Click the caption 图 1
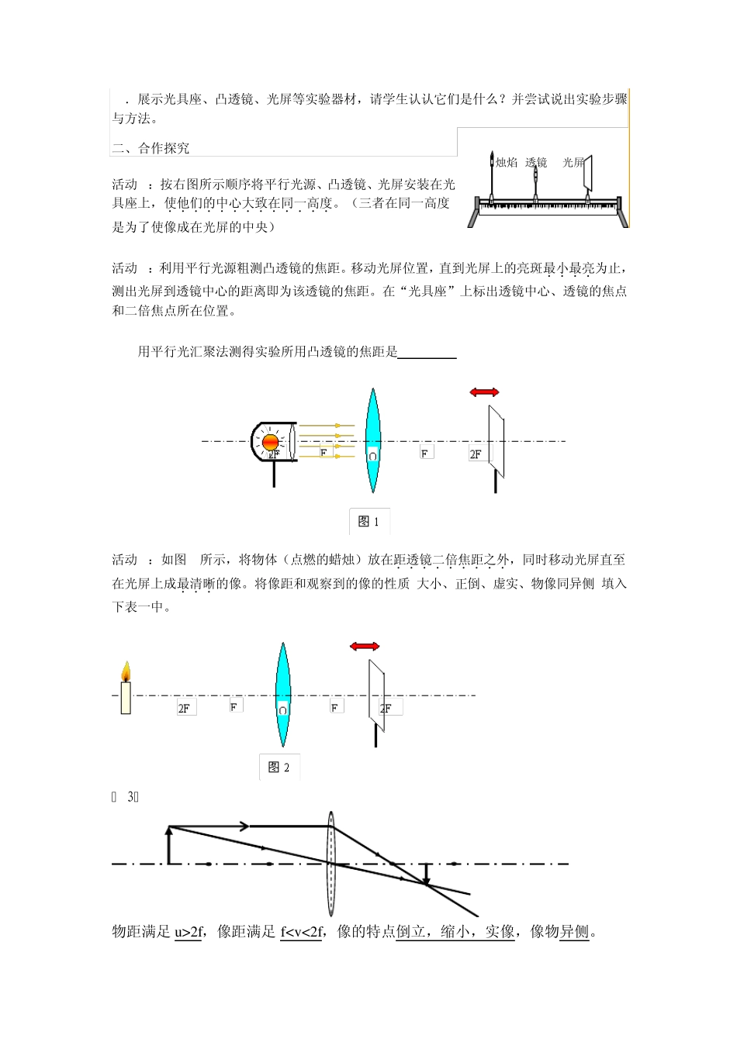pyautogui.click(x=368, y=522)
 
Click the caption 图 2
pyautogui.click(x=279, y=767)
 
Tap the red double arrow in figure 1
pyautogui.click(x=484, y=392)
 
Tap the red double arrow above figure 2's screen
pyautogui.click(x=364, y=646)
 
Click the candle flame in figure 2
pyautogui.click(x=126, y=671)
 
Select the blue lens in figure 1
pyautogui.click(x=372, y=440)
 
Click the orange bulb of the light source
pyautogui.click(x=271, y=442)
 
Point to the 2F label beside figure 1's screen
pyautogui.click(x=476, y=454)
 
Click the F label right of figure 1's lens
pyautogui.click(x=426, y=453)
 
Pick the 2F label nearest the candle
pyautogui.click(x=185, y=708)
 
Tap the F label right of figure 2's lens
pyautogui.click(x=335, y=707)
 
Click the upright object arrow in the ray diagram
pyautogui.click(x=169, y=845)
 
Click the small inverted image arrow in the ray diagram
pyautogui.click(x=426, y=874)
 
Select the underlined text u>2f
pyautogui.click(x=187, y=932)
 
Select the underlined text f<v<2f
pyautogui.click(x=301, y=932)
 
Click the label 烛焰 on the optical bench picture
pyautogui.click(x=507, y=162)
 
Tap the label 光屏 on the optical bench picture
pyautogui.click(x=573, y=162)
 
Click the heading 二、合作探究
pyautogui.click(x=151, y=148)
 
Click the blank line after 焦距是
pyautogui.click(x=427, y=353)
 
